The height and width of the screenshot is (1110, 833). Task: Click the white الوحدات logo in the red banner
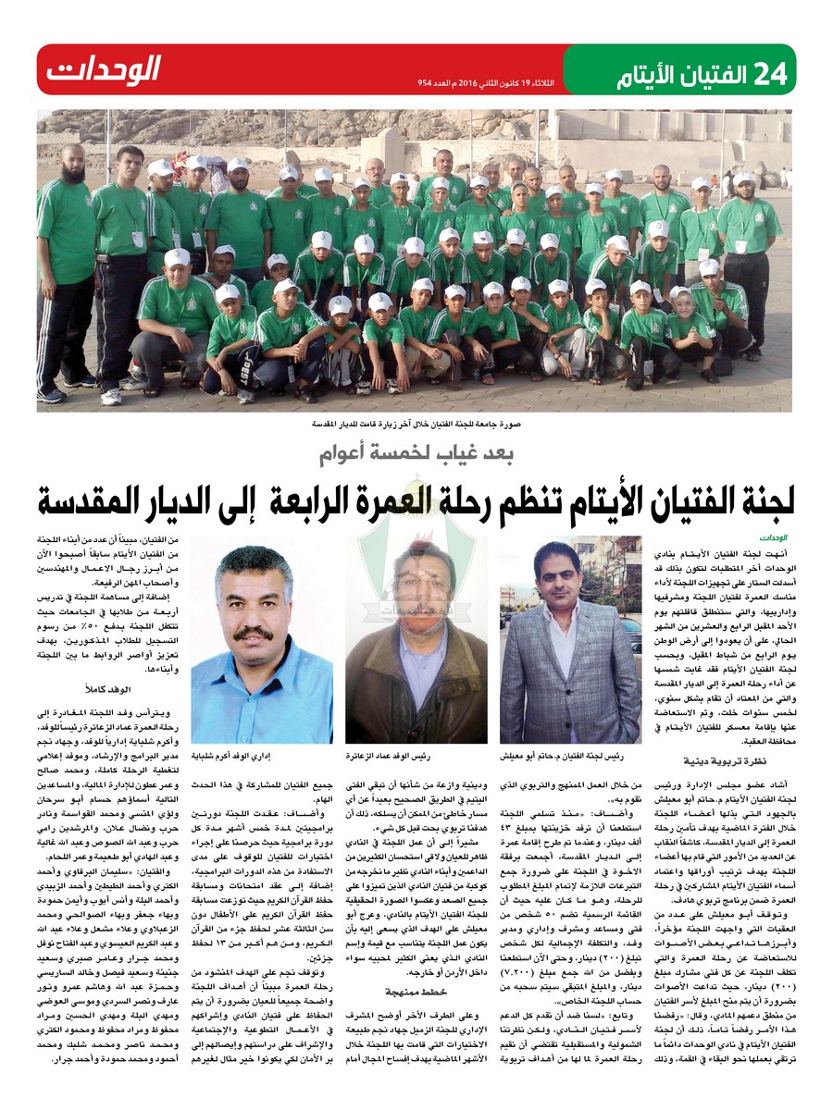[104, 69]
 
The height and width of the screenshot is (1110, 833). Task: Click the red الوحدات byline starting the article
[772, 536]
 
